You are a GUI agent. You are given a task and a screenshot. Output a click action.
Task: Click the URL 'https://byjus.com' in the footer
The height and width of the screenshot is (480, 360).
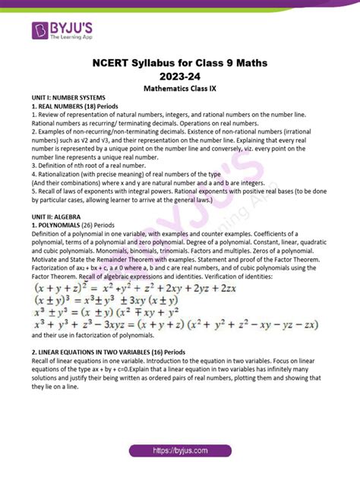coord(180,451)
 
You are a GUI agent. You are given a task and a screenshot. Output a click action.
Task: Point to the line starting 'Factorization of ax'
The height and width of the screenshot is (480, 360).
coord(179,268)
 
